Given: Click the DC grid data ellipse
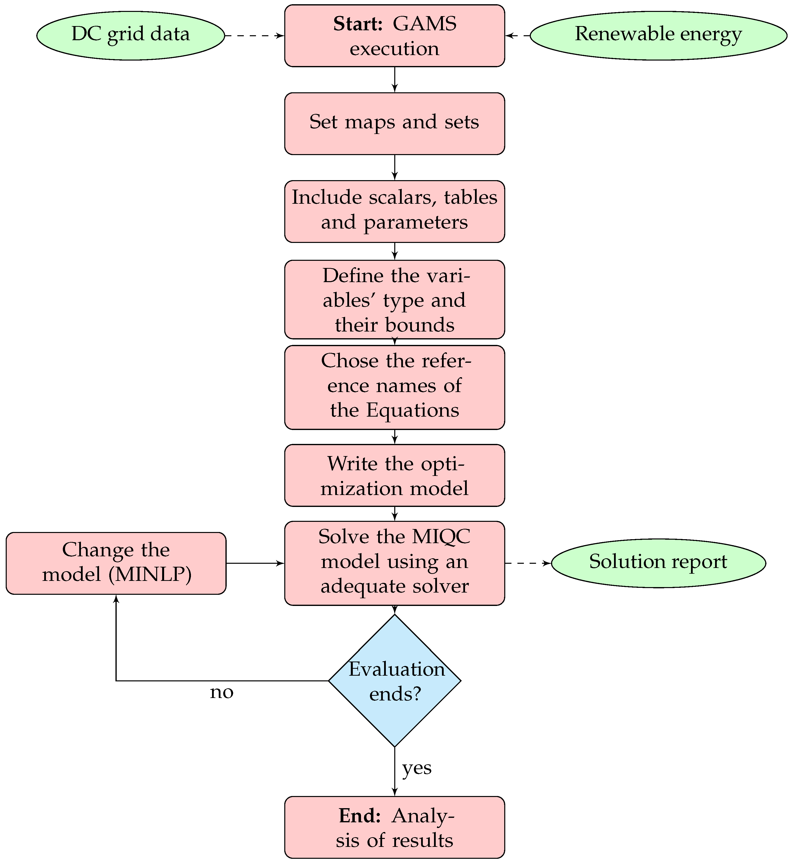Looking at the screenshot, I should click(x=130, y=35).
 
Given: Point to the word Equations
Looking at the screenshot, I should click(x=412, y=410).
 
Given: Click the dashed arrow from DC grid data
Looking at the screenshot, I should click(x=254, y=36).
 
